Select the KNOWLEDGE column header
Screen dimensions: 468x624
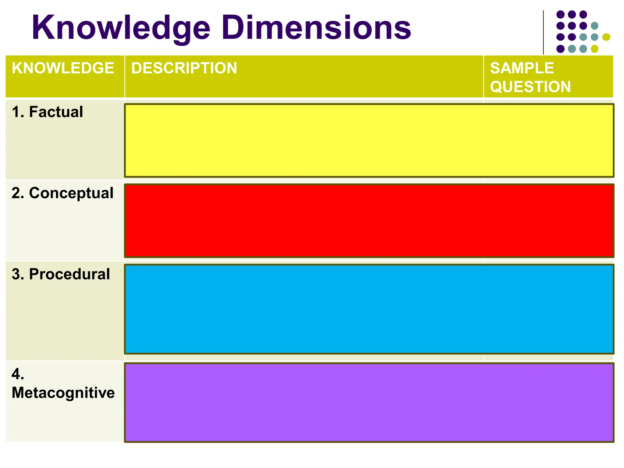click(x=63, y=68)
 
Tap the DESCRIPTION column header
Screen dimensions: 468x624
click(x=184, y=68)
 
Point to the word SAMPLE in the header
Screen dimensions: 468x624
click(x=522, y=68)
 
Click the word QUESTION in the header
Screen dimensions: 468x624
click(x=530, y=87)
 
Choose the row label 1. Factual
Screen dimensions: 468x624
click(x=47, y=112)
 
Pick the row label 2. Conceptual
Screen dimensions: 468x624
click(x=62, y=193)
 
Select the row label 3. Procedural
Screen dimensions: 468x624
click(x=61, y=274)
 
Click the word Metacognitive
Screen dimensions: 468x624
click(x=63, y=392)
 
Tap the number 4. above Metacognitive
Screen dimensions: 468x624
click(x=18, y=374)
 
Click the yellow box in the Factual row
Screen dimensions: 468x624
click(x=369, y=140)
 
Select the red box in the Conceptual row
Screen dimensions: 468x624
click(x=369, y=221)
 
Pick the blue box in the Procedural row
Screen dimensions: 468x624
click(x=369, y=309)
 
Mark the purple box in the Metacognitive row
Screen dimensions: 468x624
click(x=369, y=402)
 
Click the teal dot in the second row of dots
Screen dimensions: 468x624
click(x=594, y=26)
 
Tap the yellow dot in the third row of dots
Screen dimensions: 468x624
click(x=606, y=37)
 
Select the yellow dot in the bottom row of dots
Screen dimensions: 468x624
click(x=594, y=49)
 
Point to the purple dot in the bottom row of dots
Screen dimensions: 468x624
click(x=560, y=49)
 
